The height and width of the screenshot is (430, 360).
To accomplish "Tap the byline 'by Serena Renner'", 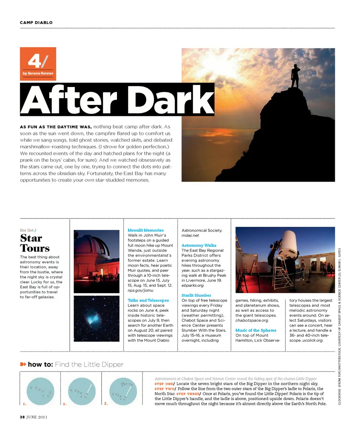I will [38, 73].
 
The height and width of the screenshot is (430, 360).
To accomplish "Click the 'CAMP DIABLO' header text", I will [36, 22].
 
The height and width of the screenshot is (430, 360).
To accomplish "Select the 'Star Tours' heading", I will [34, 243].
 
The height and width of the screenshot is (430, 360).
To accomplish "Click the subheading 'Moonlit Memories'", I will [145, 230].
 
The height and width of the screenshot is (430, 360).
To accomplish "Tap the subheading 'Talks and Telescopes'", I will [148, 300].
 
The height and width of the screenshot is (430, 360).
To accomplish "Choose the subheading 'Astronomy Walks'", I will [199, 245].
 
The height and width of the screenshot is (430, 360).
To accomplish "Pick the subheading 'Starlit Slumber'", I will [196, 295].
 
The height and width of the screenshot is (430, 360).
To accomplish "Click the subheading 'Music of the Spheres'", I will [256, 330].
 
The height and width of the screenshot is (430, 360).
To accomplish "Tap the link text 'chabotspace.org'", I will [251, 321].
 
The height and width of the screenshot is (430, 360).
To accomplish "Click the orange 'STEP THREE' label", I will [188, 394].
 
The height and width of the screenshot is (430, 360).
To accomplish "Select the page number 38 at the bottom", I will [22, 417].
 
